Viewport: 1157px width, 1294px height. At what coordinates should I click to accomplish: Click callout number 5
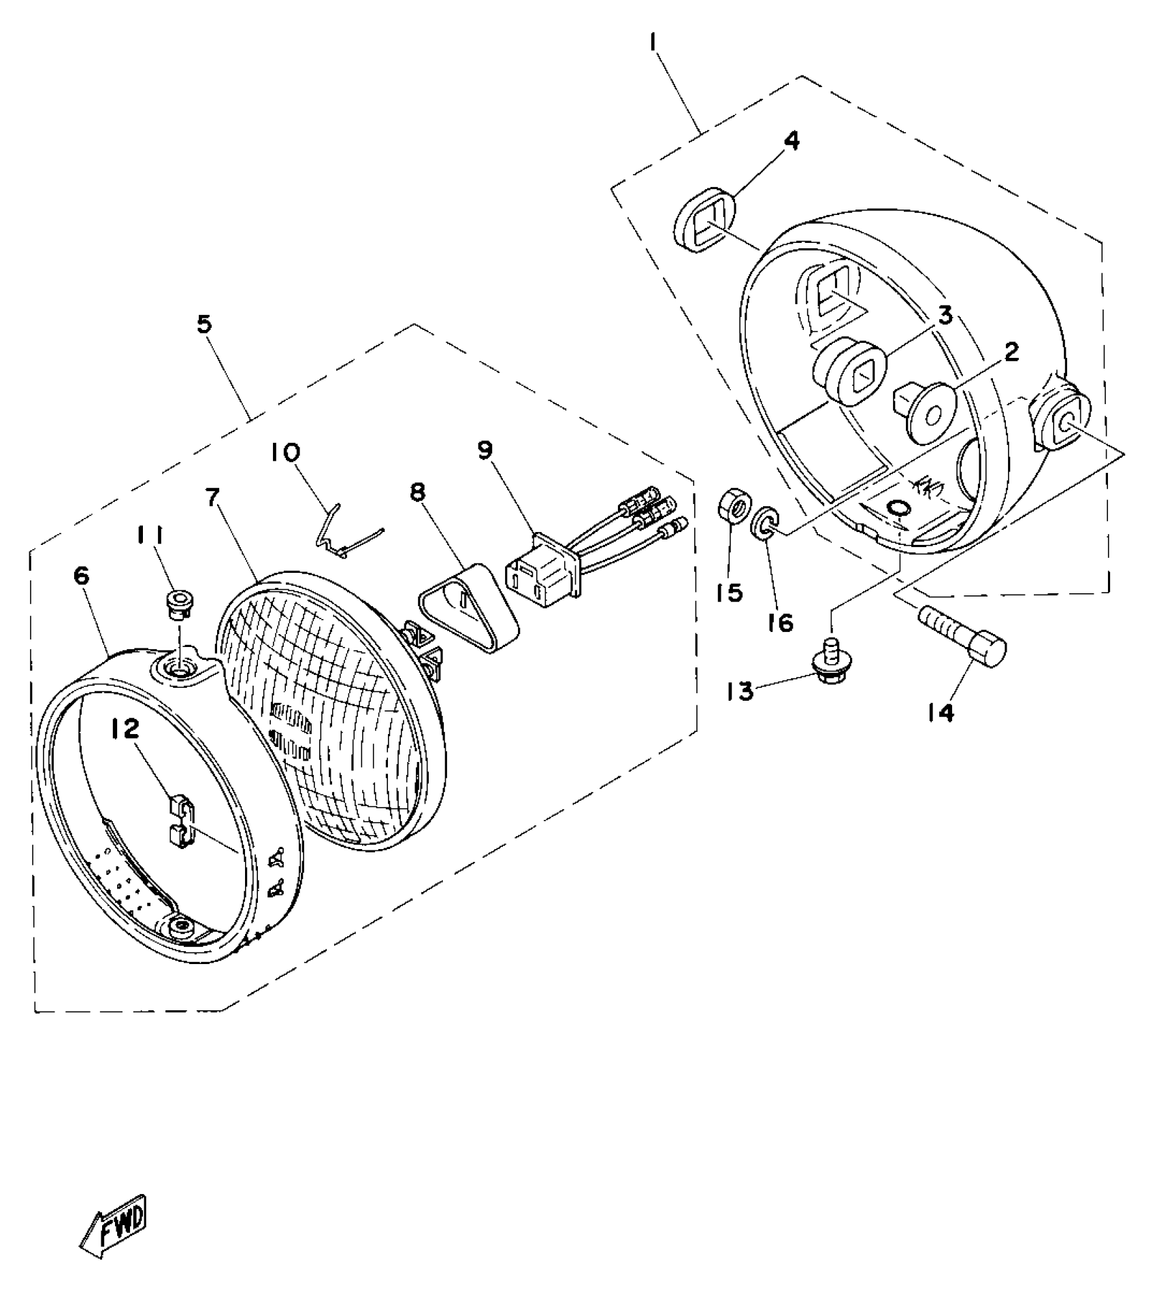coord(205,324)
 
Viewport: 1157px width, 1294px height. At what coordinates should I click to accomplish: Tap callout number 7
coord(213,499)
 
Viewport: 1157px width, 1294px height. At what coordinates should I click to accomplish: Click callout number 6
coord(82,576)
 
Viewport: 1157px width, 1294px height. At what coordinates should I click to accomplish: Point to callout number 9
coord(485,450)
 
